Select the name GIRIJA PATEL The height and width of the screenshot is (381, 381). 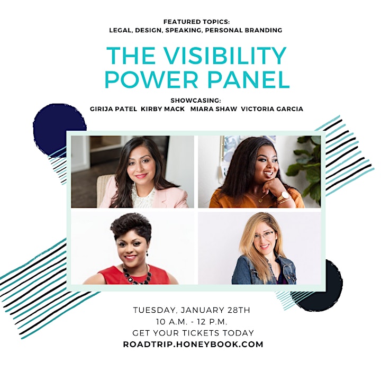(113, 109)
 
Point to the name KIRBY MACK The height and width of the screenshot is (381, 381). (163, 109)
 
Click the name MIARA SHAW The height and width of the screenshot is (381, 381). (214, 109)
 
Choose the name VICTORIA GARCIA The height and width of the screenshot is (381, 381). (272, 109)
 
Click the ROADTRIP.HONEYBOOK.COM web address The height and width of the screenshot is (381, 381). (193, 344)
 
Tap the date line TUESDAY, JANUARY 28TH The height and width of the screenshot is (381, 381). (192, 310)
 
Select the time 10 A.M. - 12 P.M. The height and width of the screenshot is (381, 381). (192, 322)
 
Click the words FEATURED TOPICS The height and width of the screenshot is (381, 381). (196, 22)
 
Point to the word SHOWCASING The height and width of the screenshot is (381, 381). (196, 101)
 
